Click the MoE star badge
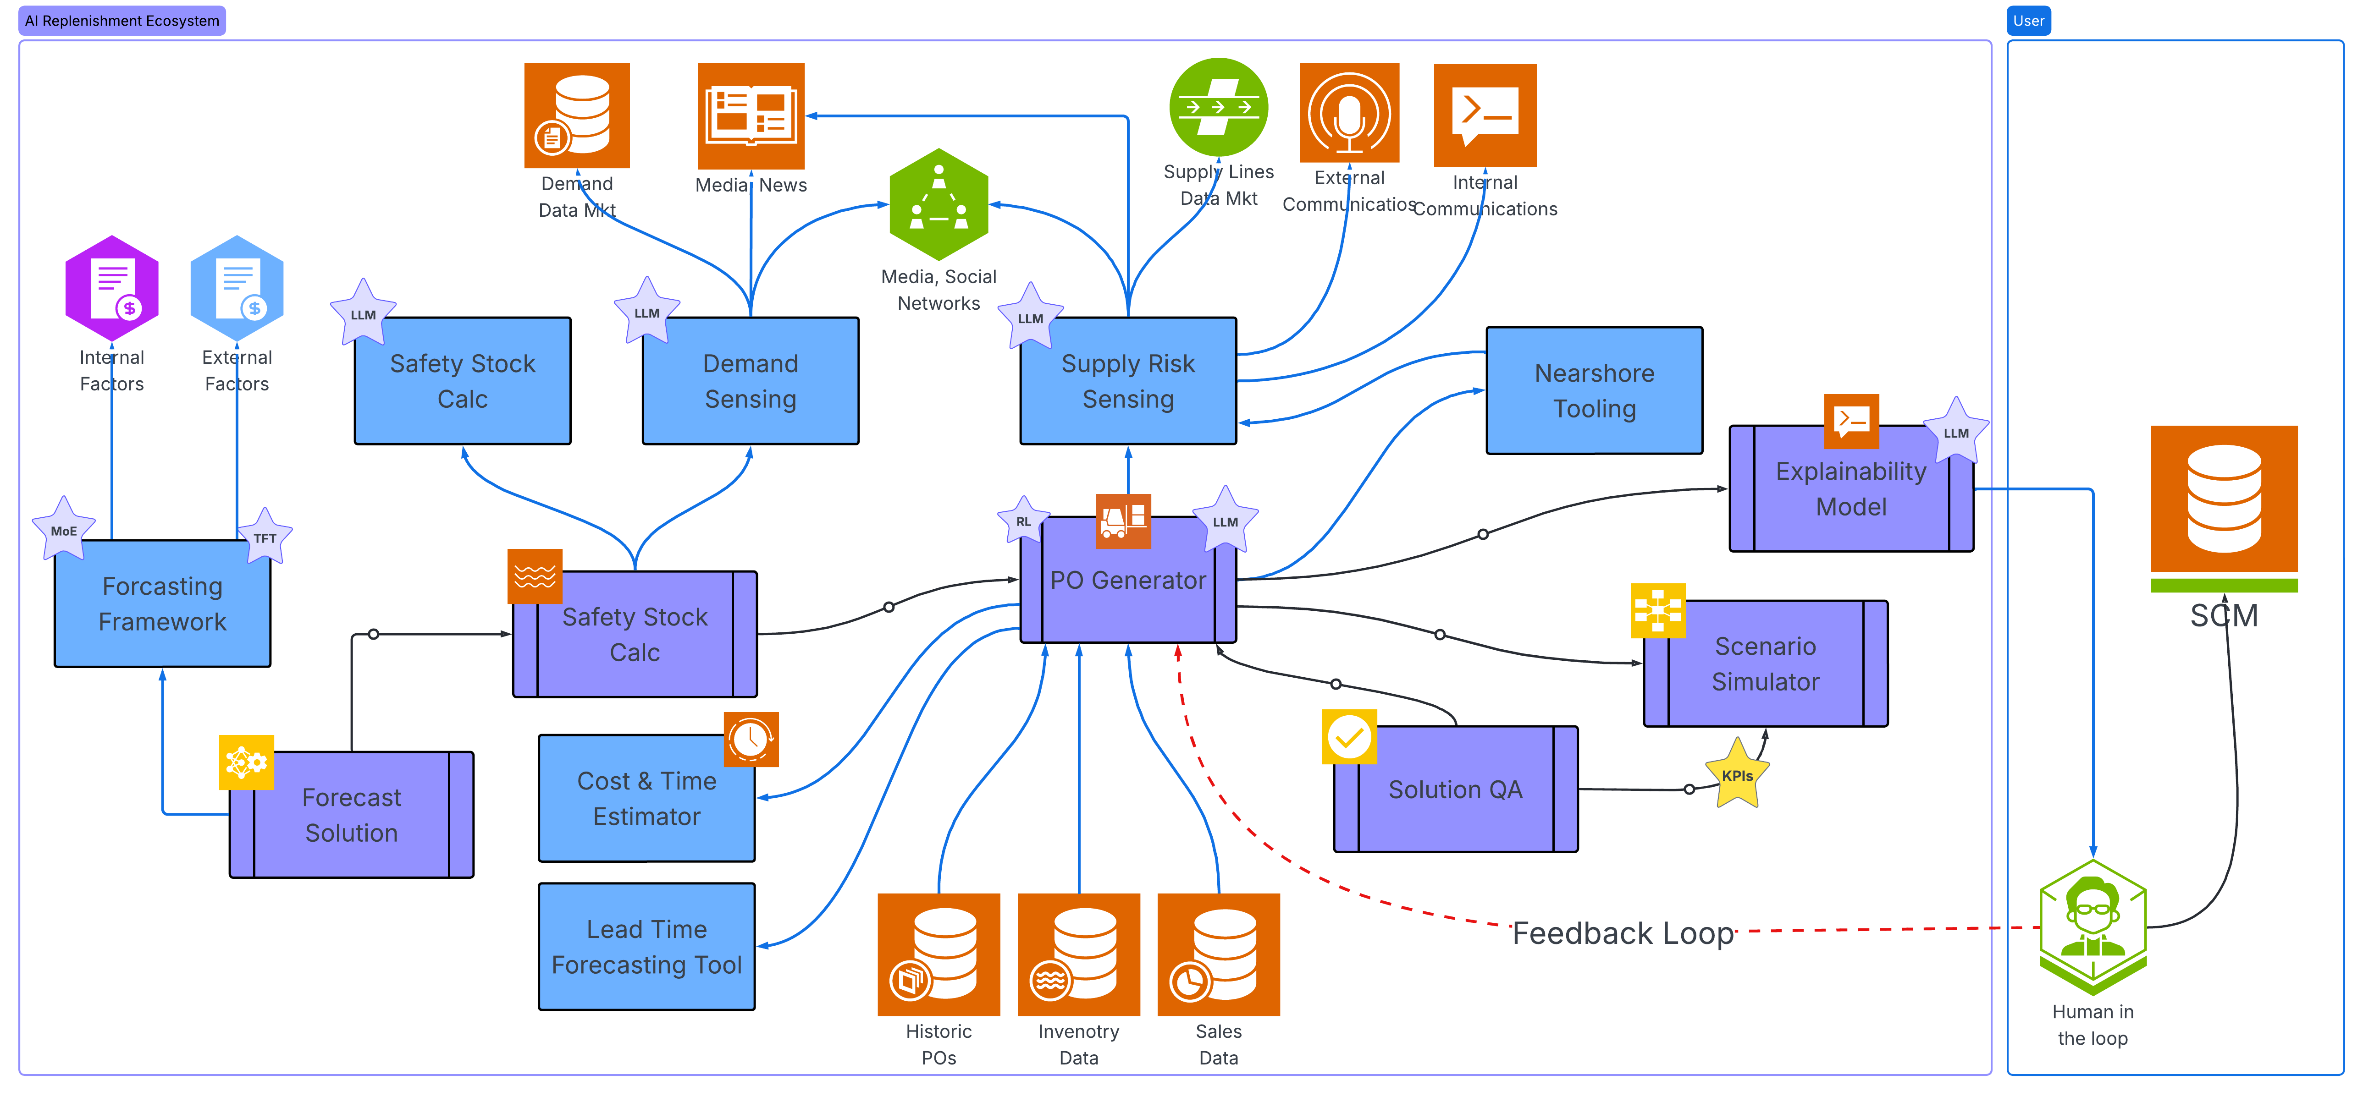[x=63, y=530]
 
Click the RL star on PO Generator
[x=1023, y=521]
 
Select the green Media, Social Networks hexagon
[x=939, y=204]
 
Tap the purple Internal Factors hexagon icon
[x=112, y=289]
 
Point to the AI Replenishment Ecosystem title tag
[x=122, y=20]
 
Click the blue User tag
[x=2028, y=20]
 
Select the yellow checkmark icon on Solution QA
[x=1348, y=736]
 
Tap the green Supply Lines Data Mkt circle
[x=1218, y=107]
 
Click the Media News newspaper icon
[x=751, y=115]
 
